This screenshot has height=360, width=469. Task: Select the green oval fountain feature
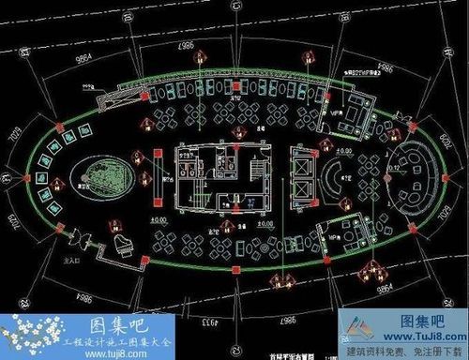click(97, 177)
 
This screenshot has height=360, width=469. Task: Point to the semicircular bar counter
click(336, 179)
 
